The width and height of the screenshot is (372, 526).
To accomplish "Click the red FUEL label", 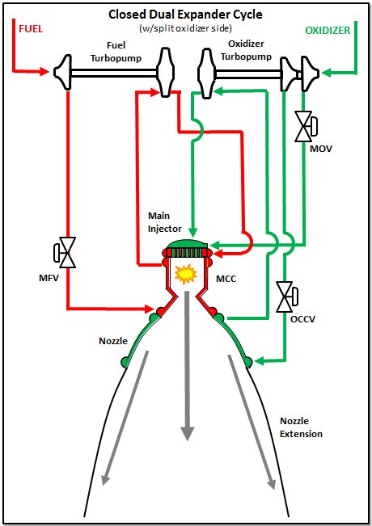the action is point(31,29).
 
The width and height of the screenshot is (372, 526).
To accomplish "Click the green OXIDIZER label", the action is point(328,30).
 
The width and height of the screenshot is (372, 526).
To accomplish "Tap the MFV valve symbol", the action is point(65,253).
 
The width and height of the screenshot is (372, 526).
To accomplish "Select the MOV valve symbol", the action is point(306,127).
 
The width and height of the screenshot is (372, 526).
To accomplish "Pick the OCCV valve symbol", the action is point(287,297).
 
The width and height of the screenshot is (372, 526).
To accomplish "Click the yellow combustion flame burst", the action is point(186,274).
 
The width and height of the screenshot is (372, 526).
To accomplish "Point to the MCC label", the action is point(226,279).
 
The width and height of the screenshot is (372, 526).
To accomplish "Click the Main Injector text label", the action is point(164,222).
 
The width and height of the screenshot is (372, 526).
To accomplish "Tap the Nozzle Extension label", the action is point(301,427).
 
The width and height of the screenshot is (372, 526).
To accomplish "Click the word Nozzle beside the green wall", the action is point(113,341).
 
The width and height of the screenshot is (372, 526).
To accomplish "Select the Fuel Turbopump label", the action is point(116,52).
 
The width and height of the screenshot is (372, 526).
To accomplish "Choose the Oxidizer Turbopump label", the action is point(246,50).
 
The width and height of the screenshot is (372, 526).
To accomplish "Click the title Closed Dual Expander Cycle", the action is point(185,15).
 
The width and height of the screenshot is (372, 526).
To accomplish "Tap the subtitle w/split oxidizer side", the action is point(185,28).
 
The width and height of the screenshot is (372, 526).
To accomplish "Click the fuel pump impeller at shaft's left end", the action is point(63,72).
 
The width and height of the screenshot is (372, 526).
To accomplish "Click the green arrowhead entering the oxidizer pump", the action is point(326,72).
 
